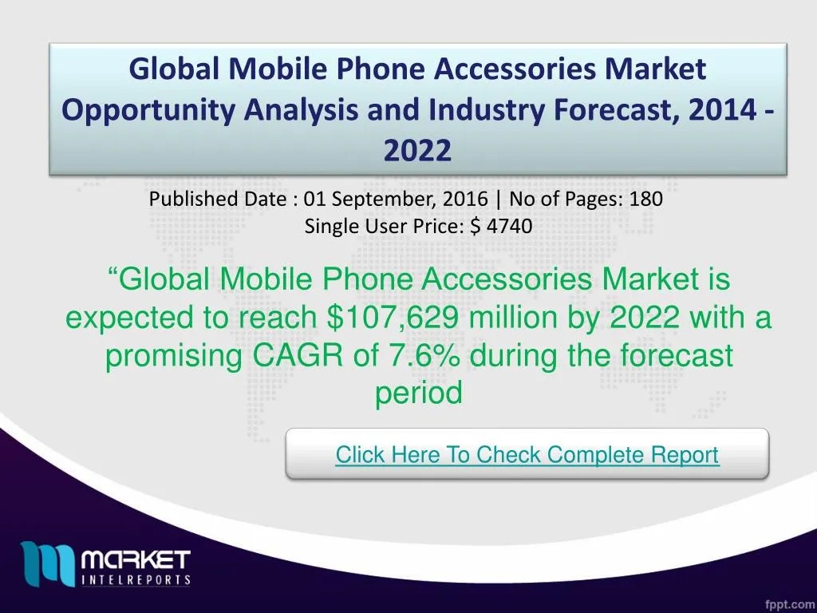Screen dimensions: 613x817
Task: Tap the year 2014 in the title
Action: pos(717,109)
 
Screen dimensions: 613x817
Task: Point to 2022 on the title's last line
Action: pos(417,148)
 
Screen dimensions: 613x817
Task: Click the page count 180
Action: pos(645,200)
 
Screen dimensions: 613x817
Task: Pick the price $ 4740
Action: pos(501,227)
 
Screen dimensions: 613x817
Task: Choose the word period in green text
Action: pos(419,393)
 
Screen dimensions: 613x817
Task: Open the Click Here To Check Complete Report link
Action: pos(527,455)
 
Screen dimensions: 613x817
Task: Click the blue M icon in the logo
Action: pos(48,564)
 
